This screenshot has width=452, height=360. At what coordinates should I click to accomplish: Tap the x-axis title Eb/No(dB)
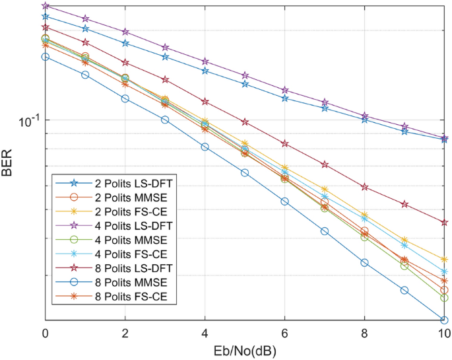pyautogui.click(x=245, y=350)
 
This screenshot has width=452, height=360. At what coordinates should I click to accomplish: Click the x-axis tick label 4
pyautogui.click(x=205, y=334)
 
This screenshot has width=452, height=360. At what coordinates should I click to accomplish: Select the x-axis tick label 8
pyautogui.click(x=365, y=334)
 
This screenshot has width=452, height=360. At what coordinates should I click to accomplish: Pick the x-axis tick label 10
pyautogui.click(x=444, y=334)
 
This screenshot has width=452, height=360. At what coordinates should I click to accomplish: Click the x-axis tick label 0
pyautogui.click(x=45, y=334)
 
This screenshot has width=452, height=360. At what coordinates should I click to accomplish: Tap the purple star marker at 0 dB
pyautogui.click(x=45, y=6)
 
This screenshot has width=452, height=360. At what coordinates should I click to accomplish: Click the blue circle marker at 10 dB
pyautogui.click(x=445, y=320)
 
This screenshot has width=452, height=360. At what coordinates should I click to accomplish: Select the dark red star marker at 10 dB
pyautogui.click(x=445, y=223)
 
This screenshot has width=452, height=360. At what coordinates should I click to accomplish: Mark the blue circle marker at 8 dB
pyautogui.click(x=365, y=262)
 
